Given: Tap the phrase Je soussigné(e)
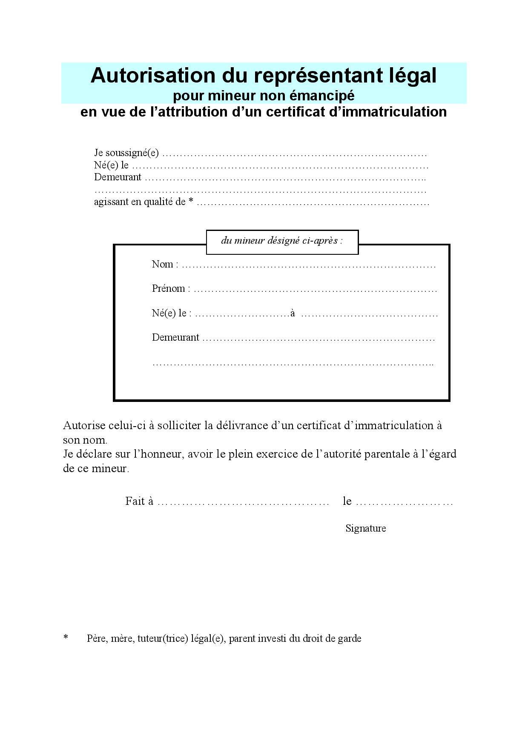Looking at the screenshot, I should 126,153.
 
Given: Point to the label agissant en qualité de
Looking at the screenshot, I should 140,202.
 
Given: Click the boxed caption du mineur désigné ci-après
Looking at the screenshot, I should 282,241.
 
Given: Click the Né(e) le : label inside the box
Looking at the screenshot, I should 171,313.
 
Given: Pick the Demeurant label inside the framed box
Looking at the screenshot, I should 175,338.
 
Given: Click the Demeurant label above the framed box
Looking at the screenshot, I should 118,177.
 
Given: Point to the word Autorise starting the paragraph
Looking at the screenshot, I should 83,425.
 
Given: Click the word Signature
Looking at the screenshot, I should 365,528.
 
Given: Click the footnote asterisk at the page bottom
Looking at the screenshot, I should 66,637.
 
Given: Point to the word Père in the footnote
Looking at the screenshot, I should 96,638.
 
